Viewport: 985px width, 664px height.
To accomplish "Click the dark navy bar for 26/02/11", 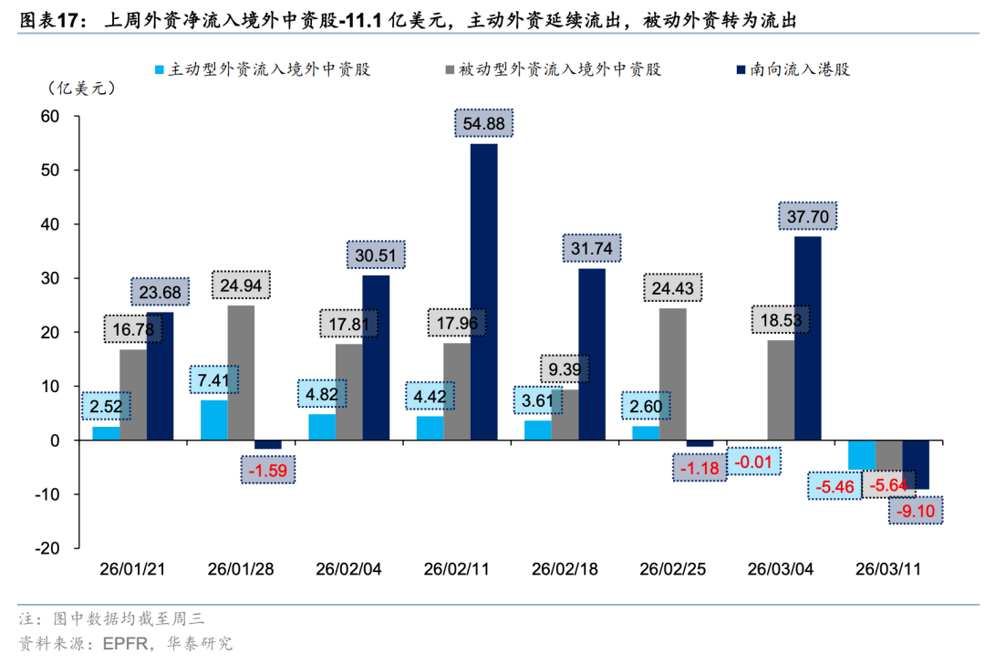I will (x=484, y=292).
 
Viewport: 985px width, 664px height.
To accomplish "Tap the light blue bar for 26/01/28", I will (x=214, y=420).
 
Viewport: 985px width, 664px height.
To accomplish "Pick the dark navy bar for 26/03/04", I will (x=808, y=338).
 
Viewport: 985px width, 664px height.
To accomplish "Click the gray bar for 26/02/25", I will (x=673, y=374).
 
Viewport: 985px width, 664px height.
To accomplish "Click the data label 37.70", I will (x=808, y=215).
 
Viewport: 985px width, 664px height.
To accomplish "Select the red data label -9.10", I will (x=915, y=511).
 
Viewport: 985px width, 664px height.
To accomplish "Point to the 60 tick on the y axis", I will (x=48, y=117).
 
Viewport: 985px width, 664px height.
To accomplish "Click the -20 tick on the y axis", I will (x=45, y=548).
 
